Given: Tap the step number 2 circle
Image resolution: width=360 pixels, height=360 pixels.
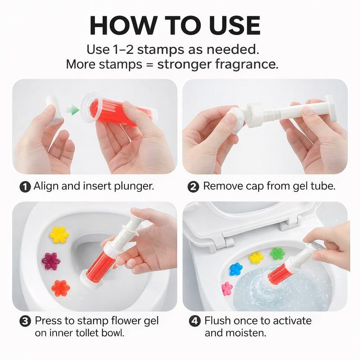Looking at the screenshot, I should [193, 186].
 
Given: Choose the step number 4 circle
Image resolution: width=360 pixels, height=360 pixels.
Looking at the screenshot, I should [193, 321].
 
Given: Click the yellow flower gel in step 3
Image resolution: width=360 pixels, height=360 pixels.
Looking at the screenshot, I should [59, 234].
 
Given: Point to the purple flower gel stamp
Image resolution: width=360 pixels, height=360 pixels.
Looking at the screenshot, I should [51, 260].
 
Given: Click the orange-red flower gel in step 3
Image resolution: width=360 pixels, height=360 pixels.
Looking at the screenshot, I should [60, 288].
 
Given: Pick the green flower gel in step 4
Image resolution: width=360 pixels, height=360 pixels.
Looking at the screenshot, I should [277, 253].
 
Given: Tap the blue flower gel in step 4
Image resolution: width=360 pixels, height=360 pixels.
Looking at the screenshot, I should [236, 269].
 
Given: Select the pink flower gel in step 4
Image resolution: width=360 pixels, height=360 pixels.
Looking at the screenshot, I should [227, 288].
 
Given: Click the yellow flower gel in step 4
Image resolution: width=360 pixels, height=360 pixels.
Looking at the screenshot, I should [256, 257].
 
